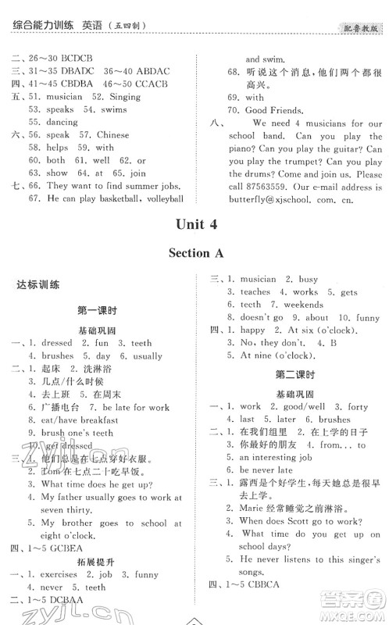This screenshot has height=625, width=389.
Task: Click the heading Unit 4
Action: tap(194, 224)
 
